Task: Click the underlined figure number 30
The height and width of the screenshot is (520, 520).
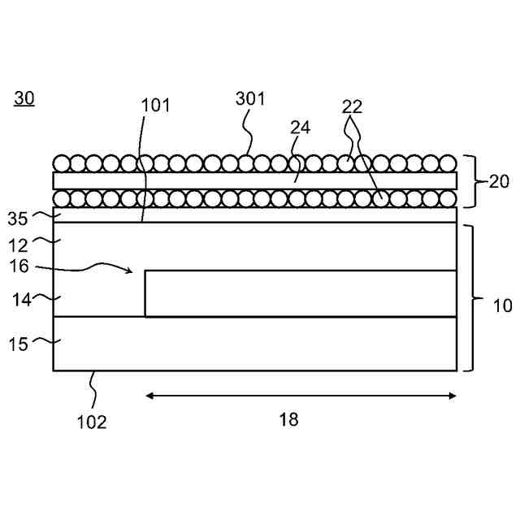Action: pyautogui.click(x=24, y=99)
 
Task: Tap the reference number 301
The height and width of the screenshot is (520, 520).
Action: pyautogui.click(x=250, y=98)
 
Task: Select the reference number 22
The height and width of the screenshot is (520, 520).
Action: pyautogui.click(x=352, y=106)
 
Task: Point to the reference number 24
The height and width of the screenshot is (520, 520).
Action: pyautogui.click(x=301, y=128)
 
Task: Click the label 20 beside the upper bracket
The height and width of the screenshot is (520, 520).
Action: pyautogui.click(x=499, y=181)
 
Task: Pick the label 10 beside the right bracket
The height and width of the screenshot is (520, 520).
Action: pyautogui.click(x=503, y=305)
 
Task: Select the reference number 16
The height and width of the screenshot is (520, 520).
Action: pyautogui.click(x=19, y=266)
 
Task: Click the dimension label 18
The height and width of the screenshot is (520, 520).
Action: pyautogui.click(x=288, y=419)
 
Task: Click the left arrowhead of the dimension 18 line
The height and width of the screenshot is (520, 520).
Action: pyautogui.click(x=149, y=396)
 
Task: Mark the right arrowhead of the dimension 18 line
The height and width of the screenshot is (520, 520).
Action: pyautogui.click(x=453, y=396)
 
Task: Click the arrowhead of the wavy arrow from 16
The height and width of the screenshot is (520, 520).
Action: pyautogui.click(x=130, y=271)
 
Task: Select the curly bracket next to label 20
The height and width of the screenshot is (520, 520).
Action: pyautogui.click(x=470, y=180)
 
